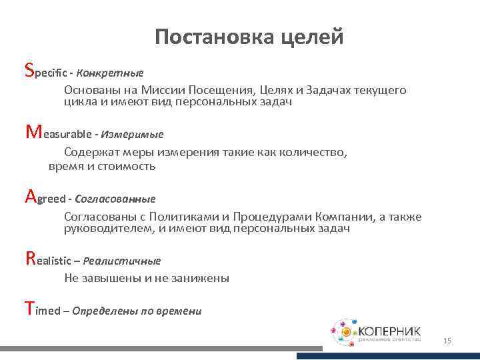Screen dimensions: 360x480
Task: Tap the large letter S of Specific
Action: coord(28,69)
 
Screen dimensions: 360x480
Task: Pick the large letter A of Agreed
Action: coord(29,196)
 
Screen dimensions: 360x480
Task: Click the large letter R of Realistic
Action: coord(29,258)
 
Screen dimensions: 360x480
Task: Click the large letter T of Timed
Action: coord(28,308)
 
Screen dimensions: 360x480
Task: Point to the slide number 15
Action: coord(447,341)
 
